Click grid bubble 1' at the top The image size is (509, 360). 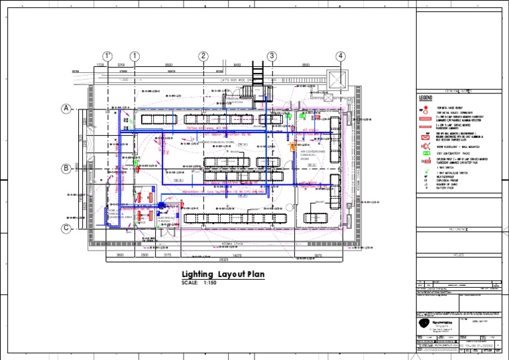(x=107, y=56)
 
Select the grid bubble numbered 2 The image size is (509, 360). (x=203, y=56)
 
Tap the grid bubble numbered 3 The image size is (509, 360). (x=272, y=56)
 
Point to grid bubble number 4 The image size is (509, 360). (x=341, y=56)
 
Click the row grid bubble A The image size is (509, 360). (x=66, y=109)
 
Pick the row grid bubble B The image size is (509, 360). (x=66, y=169)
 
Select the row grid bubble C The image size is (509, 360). (x=66, y=229)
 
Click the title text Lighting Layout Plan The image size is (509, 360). (x=223, y=274)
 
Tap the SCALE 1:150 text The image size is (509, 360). (x=199, y=283)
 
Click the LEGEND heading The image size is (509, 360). (x=425, y=98)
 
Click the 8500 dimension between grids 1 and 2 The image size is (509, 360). (x=168, y=65)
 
